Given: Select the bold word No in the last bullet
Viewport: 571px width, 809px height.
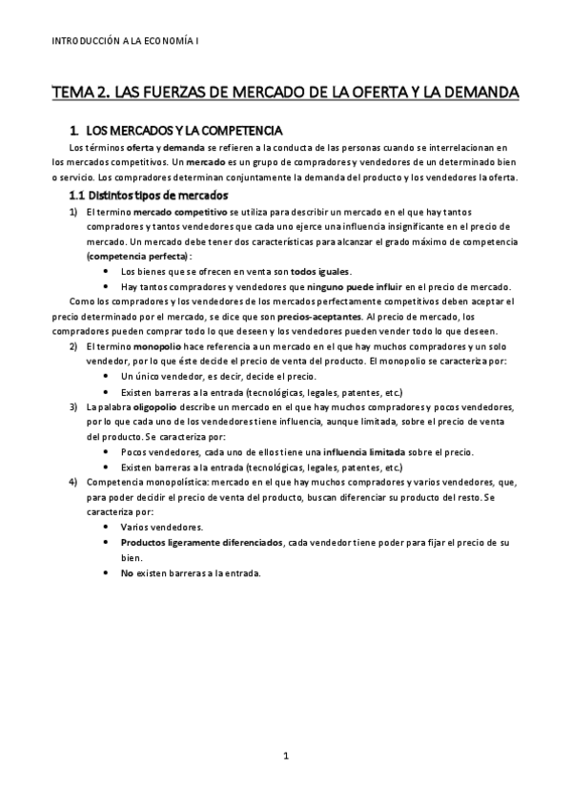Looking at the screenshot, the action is pyautogui.click(x=127, y=573).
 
